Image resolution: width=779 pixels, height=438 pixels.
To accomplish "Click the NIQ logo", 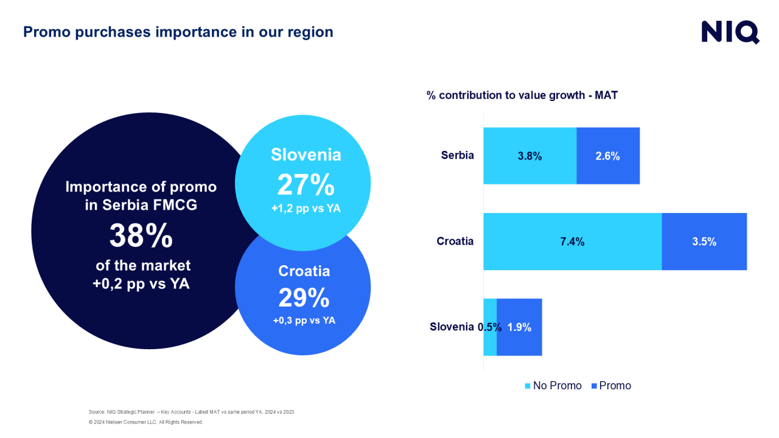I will [x=730, y=32].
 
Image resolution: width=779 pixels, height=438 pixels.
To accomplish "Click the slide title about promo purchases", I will [x=178, y=32].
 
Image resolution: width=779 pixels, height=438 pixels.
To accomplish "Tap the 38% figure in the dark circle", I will [x=141, y=235].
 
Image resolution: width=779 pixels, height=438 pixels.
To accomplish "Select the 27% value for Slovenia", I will [x=306, y=185].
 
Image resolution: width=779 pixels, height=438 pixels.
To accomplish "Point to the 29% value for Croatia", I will [x=304, y=297].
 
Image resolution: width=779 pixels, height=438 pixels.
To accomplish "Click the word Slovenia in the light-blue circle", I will [x=306, y=155].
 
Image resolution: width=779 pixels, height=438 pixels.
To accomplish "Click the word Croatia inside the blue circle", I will [x=304, y=271].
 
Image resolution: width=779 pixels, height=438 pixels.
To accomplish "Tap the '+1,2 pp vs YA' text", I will [x=306, y=208].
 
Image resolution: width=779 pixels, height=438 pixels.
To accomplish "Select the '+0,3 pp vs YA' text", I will [x=304, y=321].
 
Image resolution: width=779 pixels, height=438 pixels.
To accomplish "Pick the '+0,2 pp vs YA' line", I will [x=141, y=283].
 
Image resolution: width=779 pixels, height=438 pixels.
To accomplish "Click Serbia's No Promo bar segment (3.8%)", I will [x=529, y=156].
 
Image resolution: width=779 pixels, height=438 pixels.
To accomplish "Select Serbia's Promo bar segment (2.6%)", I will [x=608, y=156].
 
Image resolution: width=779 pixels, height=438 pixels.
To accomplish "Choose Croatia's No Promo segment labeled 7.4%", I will [x=572, y=242].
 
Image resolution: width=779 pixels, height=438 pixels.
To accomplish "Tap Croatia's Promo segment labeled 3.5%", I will [x=704, y=242].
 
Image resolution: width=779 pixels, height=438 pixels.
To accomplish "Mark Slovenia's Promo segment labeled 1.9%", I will [x=519, y=327].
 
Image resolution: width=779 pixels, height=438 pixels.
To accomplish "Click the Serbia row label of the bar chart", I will [x=457, y=155].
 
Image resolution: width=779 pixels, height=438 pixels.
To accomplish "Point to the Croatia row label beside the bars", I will [x=455, y=242].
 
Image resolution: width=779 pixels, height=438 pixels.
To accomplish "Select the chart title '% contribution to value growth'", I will [x=522, y=95].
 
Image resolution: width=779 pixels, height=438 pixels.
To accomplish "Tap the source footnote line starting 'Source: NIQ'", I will [x=191, y=412].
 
